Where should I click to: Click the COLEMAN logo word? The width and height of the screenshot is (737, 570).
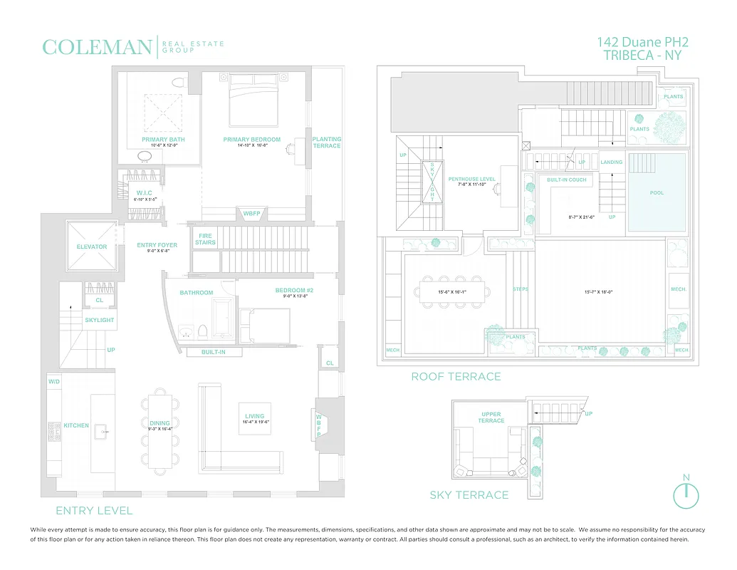[x=97, y=48]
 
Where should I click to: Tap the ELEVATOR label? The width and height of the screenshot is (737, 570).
[x=92, y=247]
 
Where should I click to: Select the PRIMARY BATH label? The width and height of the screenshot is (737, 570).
[x=163, y=140]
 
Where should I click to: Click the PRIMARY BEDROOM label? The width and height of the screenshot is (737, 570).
[x=252, y=140]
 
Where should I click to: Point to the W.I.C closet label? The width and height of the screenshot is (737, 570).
[x=145, y=193]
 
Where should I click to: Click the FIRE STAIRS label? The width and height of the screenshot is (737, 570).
[x=205, y=239]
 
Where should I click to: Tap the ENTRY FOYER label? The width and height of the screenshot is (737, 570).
[x=157, y=245]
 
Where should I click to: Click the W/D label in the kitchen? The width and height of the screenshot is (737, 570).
[x=55, y=382]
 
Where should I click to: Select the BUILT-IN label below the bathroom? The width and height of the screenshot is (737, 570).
[x=214, y=352]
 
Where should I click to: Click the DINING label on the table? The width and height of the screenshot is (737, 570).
[x=160, y=423]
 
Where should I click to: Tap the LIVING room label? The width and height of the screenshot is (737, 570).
[x=254, y=416]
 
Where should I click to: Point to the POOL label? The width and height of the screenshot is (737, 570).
[x=657, y=193]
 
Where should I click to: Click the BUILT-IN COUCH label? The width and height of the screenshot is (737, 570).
[x=567, y=180]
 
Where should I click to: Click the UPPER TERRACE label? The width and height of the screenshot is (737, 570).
[x=491, y=418]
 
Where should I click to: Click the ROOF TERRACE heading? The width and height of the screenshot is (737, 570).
[x=456, y=376]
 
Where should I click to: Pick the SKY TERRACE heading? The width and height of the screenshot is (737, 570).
[x=469, y=495]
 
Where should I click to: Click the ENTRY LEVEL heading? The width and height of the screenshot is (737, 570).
[x=94, y=510]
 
